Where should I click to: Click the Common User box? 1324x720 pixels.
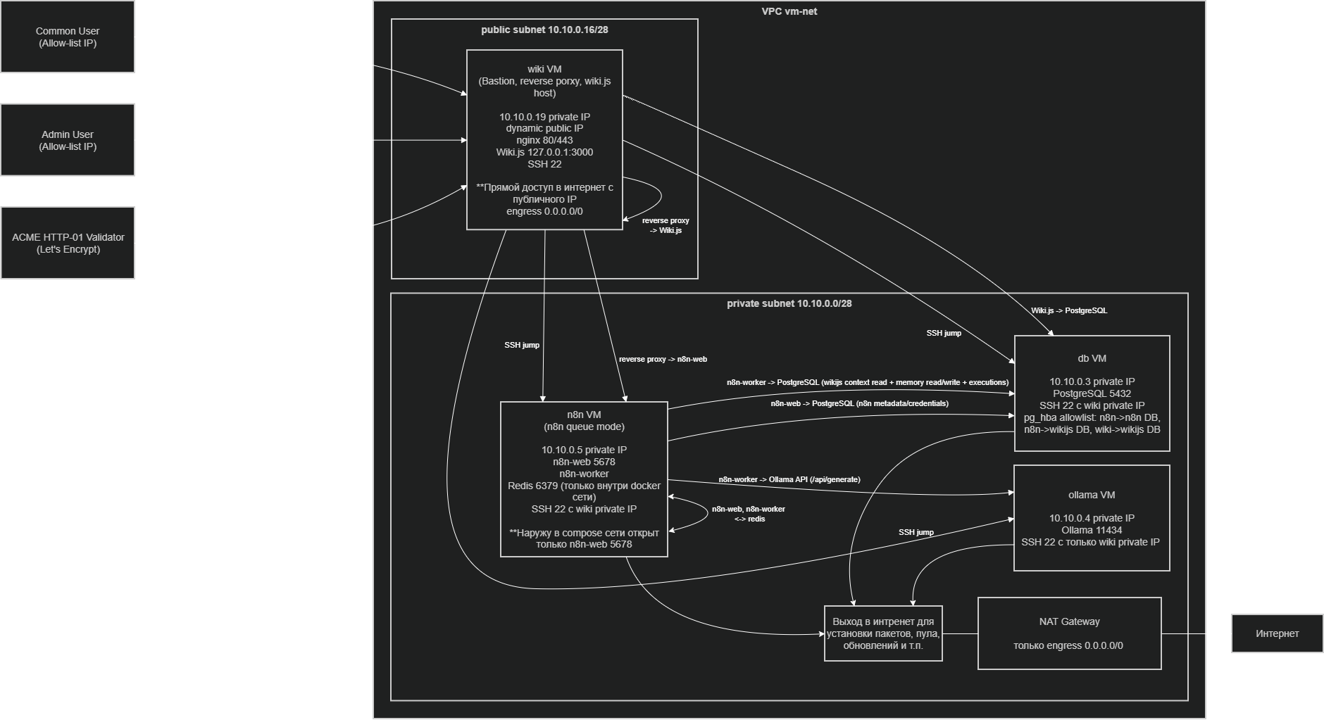[x=68, y=37]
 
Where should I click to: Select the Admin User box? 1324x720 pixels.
[x=68, y=140]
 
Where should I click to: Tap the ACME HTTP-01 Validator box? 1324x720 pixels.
[x=68, y=243]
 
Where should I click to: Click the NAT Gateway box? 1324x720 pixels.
[x=1069, y=633]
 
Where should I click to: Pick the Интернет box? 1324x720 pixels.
[x=1277, y=633]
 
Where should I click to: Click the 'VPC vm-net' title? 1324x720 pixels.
[x=789, y=11]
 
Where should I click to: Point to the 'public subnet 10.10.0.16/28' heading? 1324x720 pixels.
[x=544, y=30]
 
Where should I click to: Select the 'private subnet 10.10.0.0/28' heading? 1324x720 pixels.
[x=789, y=303]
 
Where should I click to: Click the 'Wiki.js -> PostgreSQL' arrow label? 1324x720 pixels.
[x=1069, y=310]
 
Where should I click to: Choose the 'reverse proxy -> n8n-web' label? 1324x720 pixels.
[x=663, y=359]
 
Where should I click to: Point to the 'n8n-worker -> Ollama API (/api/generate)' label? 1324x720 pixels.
[x=789, y=479]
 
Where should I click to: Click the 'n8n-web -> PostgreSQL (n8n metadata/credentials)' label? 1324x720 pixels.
[x=859, y=403]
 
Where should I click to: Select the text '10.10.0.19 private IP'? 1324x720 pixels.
[x=544, y=117]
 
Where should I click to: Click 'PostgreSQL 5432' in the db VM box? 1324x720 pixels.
[x=1092, y=393]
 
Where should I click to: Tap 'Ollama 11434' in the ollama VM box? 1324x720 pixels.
[x=1092, y=530]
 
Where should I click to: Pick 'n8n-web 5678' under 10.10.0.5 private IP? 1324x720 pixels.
[x=584, y=462]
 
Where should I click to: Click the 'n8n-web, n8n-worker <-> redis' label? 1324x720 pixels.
[x=749, y=514]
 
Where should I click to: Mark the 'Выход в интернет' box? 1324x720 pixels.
[x=883, y=633]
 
